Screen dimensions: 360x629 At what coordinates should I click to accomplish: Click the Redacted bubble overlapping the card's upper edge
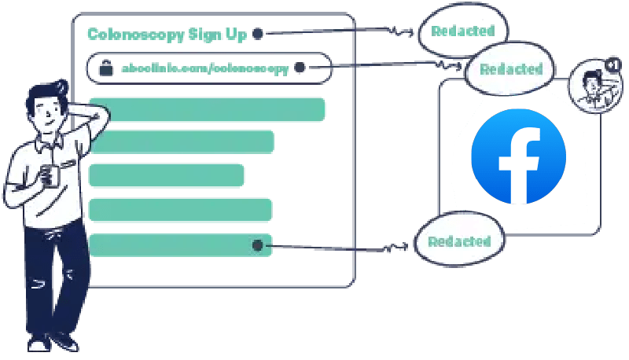pyautogui.click(x=513, y=69)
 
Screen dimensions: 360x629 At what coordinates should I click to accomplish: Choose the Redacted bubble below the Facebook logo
pyautogui.click(x=460, y=241)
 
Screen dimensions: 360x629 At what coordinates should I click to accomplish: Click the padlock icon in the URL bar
pyautogui.click(x=105, y=68)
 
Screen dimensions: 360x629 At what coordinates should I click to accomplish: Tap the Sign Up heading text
pyautogui.click(x=167, y=34)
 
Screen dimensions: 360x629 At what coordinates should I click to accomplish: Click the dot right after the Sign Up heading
pyautogui.click(x=257, y=34)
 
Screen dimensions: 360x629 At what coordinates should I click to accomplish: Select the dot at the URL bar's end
pyautogui.click(x=300, y=68)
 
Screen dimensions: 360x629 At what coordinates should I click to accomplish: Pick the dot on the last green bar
pyautogui.click(x=257, y=245)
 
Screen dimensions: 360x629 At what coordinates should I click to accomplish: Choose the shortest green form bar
pyautogui.click(x=167, y=175)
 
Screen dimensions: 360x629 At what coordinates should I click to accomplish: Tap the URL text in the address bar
pyautogui.click(x=204, y=68)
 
